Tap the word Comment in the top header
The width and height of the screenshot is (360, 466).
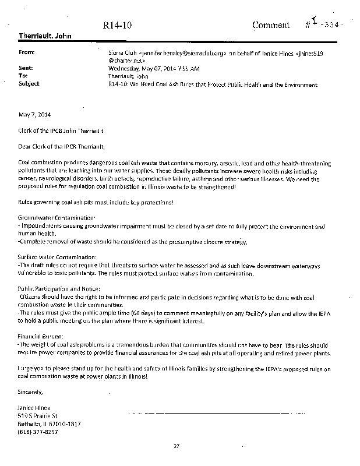[x=271, y=25]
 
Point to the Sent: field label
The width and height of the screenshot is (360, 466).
[x=26, y=68]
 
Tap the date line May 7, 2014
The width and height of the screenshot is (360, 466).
[x=33, y=113]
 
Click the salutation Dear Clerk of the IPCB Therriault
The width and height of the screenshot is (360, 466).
[x=64, y=145]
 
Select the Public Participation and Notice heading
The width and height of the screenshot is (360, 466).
[x=59, y=288]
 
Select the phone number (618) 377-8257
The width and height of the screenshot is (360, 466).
[x=37, y=432]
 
